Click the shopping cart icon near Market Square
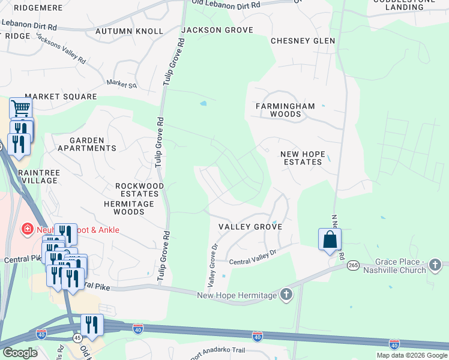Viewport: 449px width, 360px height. coord(20,109)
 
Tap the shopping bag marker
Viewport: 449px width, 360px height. coord(330,239)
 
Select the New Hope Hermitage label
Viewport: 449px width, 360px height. coord(237,295)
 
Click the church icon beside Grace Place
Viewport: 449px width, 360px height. coord(436,265)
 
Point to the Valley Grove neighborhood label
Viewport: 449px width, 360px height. coord(242,226)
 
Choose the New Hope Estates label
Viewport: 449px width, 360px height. coord(303,158)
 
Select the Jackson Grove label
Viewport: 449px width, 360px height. coord(217,30)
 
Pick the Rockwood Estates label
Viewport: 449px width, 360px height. coord(139,190)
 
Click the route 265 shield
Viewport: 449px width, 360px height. coord(352,265)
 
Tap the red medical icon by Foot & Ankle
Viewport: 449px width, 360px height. coord(26,229)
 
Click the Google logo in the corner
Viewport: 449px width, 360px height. coord(19,353)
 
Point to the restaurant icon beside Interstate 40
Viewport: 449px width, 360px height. coord(91,325)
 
